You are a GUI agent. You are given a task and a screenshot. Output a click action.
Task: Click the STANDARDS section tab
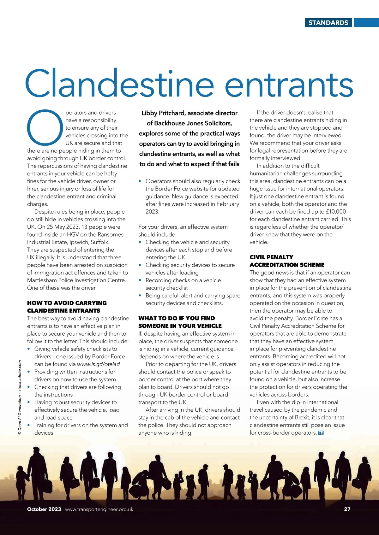pyautogui.click(x=328, y=23)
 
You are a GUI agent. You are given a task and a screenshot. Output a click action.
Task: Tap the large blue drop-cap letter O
pyautogui.click(x=45, y=127)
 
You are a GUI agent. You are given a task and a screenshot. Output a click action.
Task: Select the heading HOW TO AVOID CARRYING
pyautogui.click(x=67, y=303)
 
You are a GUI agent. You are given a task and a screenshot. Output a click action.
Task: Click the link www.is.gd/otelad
pyautogui.click(x=99, y=364)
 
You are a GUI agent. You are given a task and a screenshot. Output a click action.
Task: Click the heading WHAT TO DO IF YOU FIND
pyautogui.click(x=177, y=318)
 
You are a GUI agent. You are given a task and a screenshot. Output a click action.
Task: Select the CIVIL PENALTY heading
pyautogui.click(x=271, y=257)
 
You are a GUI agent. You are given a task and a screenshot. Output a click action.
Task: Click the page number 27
pyautogui.click(x=347, y=509)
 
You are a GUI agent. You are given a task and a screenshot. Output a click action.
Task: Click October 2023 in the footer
pyautogui.click(x=44, y=509)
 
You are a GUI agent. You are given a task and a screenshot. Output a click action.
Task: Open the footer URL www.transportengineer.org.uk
pyautogui.click(x=99, y=509)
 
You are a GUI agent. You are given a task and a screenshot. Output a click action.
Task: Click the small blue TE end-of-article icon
pyautogui.click(x=321, y=433)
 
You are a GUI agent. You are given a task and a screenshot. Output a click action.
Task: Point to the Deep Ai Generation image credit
pyautogui.click(x=20, y=397)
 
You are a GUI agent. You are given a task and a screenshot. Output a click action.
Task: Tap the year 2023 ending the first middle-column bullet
pyautogui.click(x=152, y=212)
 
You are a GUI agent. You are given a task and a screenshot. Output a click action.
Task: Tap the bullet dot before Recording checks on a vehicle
pyautogui.click(x=140, y=280)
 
